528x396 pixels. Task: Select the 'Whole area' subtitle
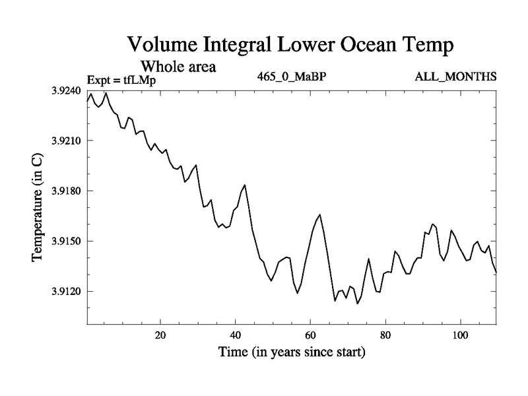pyautogui.click(x=178, y=67)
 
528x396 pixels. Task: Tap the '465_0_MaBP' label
pyautogui.click(x=292, y=76)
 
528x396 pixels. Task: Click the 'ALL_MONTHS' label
pyautogui.click(x=455, y=76)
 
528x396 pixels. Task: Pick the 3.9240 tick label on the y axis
pyautogui.click(x=67, y=91)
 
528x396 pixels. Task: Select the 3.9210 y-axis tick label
pyautogui.click(x=67, y=141)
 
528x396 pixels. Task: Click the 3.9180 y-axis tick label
pyautogui.click(x=67, y=191)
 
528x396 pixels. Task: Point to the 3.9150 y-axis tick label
pyautogui.click(x=67, y=242)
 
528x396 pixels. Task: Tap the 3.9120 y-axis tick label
pyautogui.click(x=67, y=292)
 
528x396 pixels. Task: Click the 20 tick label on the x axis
pyautogui.click(x=160, y=334)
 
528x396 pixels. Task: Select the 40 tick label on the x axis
pyautogui.click(x=235, y=334)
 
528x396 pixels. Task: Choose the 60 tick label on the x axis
pyautogui.click(x=310, y=334)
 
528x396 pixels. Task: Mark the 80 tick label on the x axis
pyautogui.click(x=385, y=334)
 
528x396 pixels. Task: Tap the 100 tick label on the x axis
pyautogui.click(x=459, y=334)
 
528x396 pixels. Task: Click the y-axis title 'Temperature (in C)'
pyautogui.click(x=37, y=207)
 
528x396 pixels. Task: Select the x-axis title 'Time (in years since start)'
pyautogui.click(x=292, y=352)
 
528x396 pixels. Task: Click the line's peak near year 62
pyautogui.click(x=320, y=214)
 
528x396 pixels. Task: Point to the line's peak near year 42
pyautogui.click(x=245, y=185)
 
